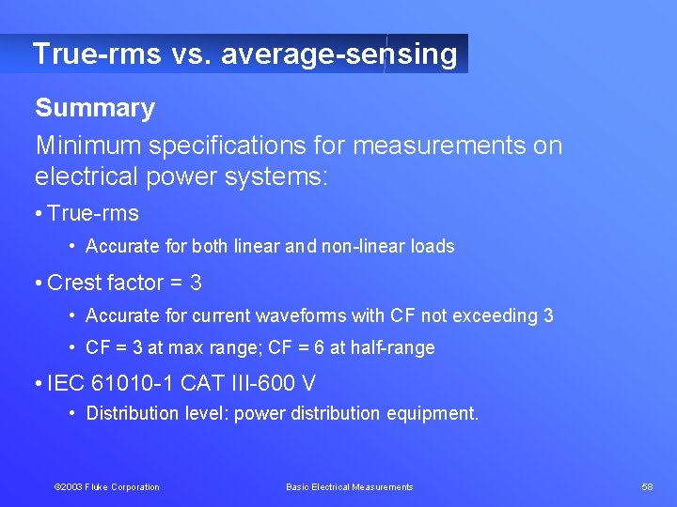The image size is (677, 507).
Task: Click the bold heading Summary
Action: point(95,109)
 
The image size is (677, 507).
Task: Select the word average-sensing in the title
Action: point(339,54)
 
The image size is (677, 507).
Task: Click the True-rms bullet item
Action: point(92,214)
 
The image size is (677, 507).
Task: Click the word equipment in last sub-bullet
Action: point(438,414)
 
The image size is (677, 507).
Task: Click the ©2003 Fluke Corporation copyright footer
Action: point(106,487)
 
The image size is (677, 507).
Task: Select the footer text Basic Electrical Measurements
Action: point(349,487)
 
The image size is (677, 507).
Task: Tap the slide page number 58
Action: point(647,487)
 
